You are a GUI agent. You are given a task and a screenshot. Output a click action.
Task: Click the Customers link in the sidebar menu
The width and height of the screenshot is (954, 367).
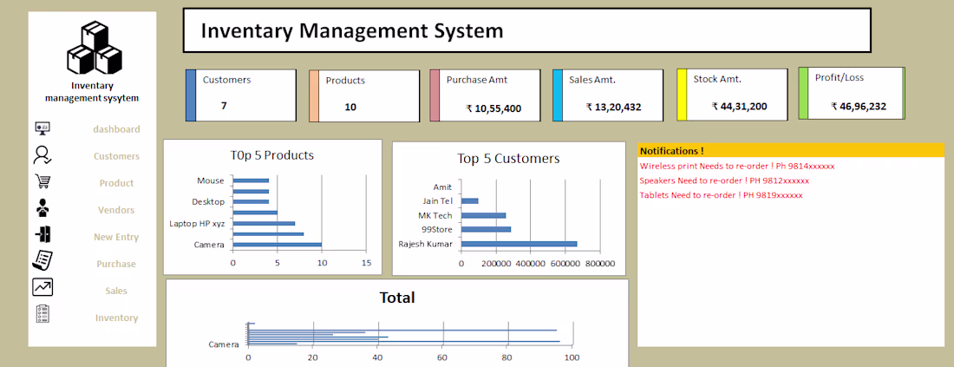click(116, 156)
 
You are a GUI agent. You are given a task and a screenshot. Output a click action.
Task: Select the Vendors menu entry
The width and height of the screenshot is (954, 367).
click(116, 210)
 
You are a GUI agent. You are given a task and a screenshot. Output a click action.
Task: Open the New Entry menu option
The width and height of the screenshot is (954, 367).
click(116, 238)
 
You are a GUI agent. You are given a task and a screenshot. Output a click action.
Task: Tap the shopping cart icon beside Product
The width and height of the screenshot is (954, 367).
click(42, 181)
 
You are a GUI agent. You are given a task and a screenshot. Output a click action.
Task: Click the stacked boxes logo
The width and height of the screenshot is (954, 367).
click(94, 48)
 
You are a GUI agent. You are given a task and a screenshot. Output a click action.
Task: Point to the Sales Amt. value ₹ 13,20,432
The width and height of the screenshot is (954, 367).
click(613, 107)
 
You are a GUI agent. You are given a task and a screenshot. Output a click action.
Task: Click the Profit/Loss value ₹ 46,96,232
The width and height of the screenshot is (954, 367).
click(858, 107)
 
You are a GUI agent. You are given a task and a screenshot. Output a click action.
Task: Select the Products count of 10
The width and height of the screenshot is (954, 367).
click(350, 107)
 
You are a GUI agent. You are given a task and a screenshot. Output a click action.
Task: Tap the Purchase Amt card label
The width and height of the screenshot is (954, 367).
click(476, 80)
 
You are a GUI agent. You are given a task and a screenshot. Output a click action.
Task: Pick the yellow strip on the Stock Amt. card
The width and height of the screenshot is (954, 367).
click(682, 94)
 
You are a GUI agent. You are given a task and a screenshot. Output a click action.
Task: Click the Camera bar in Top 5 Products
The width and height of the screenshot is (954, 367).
click(278, 245)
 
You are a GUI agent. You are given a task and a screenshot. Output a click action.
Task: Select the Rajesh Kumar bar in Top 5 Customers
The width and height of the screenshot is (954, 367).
click(519, 244)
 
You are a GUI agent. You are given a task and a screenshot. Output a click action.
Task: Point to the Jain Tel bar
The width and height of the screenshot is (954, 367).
click(470, 200)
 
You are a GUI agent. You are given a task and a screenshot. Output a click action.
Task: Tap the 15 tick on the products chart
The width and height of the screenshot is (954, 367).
click(366, 263)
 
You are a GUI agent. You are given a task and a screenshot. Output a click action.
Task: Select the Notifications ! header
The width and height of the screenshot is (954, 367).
click(671, 151)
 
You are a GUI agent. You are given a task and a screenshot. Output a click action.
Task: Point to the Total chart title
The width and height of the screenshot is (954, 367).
click(397, 298)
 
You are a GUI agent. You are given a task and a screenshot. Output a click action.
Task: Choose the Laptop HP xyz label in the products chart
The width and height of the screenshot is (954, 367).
click(197, 224)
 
